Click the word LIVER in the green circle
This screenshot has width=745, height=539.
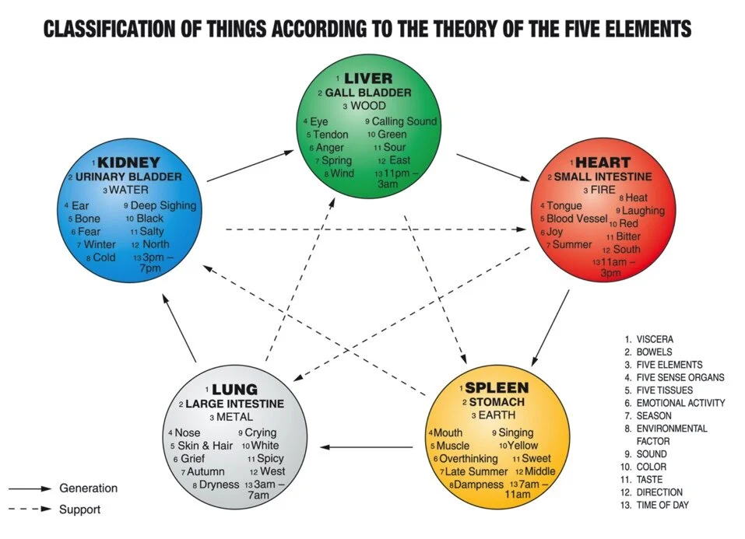tap(368, 79)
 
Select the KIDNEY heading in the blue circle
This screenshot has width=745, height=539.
tap(129, 163)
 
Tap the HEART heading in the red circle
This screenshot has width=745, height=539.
tap(603, 163)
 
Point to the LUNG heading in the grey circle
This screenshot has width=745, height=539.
tap(234, 389)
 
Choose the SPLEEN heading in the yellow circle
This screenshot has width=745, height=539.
tap(497, 387)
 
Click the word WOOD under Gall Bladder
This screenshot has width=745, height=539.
tap(368, 106)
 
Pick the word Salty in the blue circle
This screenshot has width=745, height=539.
tap(152, 232)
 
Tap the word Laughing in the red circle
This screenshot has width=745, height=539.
tap(644, 211)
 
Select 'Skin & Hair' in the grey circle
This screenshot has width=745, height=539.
tap(206, 446)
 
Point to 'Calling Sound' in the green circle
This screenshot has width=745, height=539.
tap(404, 121)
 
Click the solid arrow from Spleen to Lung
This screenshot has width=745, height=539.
tap(367, 447)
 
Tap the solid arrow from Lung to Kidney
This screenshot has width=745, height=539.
tap(178, 327)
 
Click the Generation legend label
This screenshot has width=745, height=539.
tap(89, 488)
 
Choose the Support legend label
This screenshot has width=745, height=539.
tap(80, 509)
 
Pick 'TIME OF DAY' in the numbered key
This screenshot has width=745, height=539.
tap(662, 505)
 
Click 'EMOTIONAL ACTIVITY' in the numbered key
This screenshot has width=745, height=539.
tap(680, 403)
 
